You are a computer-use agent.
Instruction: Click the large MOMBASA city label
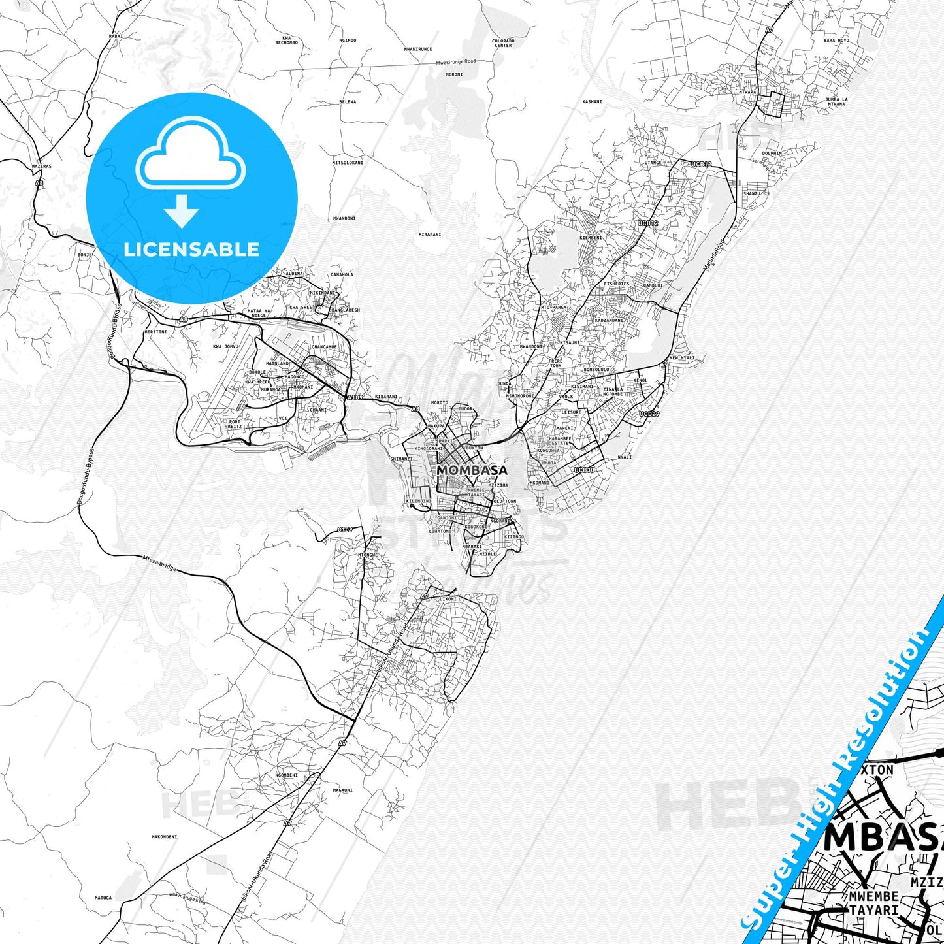pos(472,470)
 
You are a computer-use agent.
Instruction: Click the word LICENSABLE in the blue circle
pos(191,249)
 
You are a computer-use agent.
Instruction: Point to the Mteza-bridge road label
pos(159,563)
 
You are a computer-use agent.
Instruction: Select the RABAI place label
pos(116,37)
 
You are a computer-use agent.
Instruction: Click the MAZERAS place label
pos(41,167)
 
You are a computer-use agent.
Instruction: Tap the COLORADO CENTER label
pos(503,43)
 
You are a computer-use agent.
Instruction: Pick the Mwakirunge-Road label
pos(457,62)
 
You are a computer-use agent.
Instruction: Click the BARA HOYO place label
pos(836,41)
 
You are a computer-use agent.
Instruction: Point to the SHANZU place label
pos(751,193)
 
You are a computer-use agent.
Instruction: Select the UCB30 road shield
pos(584,470)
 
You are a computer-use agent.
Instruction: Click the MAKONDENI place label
pos(165,836)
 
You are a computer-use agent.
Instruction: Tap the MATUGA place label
pos(103,898)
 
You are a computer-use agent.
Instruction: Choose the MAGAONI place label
pos(342,790)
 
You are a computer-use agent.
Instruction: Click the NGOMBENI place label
pos(286,775)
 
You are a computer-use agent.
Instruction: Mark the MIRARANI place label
pos(430,235)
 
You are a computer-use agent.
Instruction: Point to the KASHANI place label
pos(592,102)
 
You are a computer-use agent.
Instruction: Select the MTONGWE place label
pos(368,555)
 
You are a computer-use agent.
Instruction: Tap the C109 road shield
pos(345,529)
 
